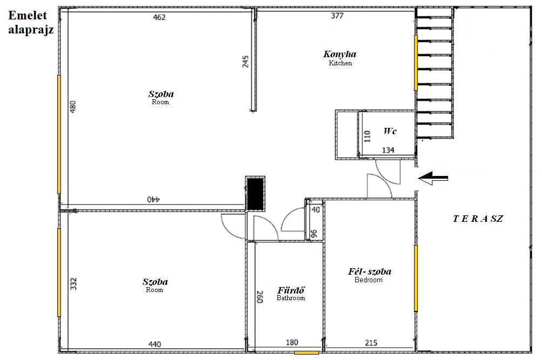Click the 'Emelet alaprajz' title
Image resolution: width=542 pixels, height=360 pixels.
tap(31, 23)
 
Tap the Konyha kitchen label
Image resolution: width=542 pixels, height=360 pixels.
tap(340, 58)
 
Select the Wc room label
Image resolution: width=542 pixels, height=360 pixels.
tap(390, 131)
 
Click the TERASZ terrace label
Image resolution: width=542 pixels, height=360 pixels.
tap(478, 219)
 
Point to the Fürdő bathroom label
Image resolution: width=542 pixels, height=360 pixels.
tap(291, 293)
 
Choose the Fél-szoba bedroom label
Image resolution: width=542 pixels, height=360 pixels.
tap(369, 275)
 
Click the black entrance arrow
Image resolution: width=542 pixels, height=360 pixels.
tap(433, 178)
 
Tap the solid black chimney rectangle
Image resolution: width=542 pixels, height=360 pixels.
tap(256, 193)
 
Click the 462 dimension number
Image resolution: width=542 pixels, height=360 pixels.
tap(159, 17)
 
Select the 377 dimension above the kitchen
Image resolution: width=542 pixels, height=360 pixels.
tap(337, 16)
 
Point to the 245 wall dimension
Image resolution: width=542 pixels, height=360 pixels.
tap(246, 62)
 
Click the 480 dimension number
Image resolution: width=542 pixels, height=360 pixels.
tap(72, 107)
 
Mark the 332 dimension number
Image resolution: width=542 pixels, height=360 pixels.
tap(73, 284)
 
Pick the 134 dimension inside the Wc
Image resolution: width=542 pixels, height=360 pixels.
tap(388, 150)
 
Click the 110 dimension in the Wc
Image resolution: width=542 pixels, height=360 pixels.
tap(367, 136)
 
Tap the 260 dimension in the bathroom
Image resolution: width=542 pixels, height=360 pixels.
tap(260, 297)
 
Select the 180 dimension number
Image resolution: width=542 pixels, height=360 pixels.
tap(292, 342)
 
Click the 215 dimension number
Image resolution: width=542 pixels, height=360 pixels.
tap(371, 343)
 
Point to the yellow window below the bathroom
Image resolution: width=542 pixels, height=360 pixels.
tap(307, 353)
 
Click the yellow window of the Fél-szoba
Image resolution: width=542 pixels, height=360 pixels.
tap(416, 278)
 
